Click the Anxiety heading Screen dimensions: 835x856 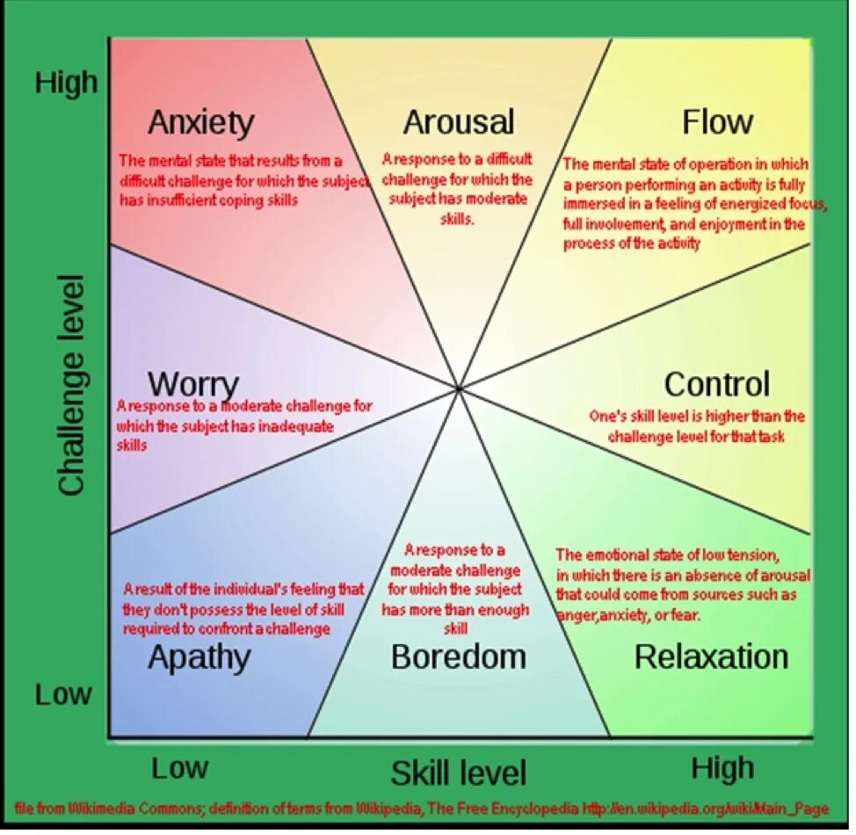coord(200,122)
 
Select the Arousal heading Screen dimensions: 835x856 coord(458,122)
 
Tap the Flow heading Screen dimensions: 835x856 coord(717,121)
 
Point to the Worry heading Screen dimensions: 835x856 coord(193,385)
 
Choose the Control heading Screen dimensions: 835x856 coord(716,384)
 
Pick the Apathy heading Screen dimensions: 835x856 coord(199,657)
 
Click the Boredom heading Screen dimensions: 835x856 coord(458,657)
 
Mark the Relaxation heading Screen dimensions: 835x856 coord(711,657)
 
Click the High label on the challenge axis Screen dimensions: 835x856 coord(66,83)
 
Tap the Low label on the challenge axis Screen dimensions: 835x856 coord(63,694)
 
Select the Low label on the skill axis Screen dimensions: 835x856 coord(179,768)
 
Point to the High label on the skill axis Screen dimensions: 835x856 coord(722,768)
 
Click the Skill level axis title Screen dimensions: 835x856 coord(458,773)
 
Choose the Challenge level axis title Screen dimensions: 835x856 coord(72,385)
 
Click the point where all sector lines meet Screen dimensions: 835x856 coord(459,388)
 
